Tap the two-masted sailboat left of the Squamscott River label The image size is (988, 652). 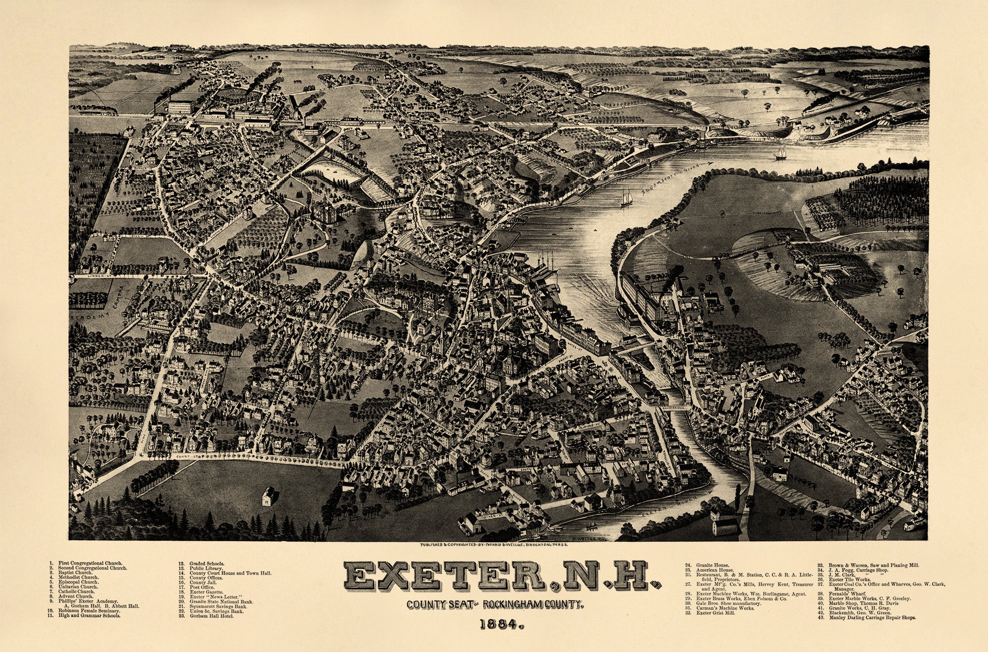click(625, 198)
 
